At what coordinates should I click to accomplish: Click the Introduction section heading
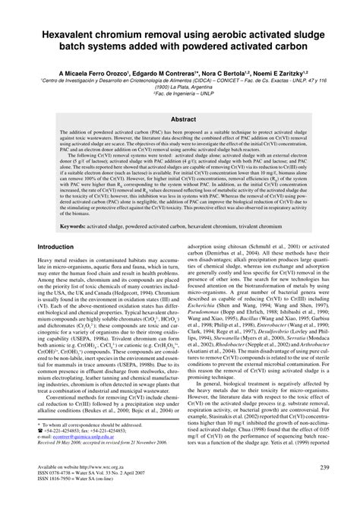click(61, 247)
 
